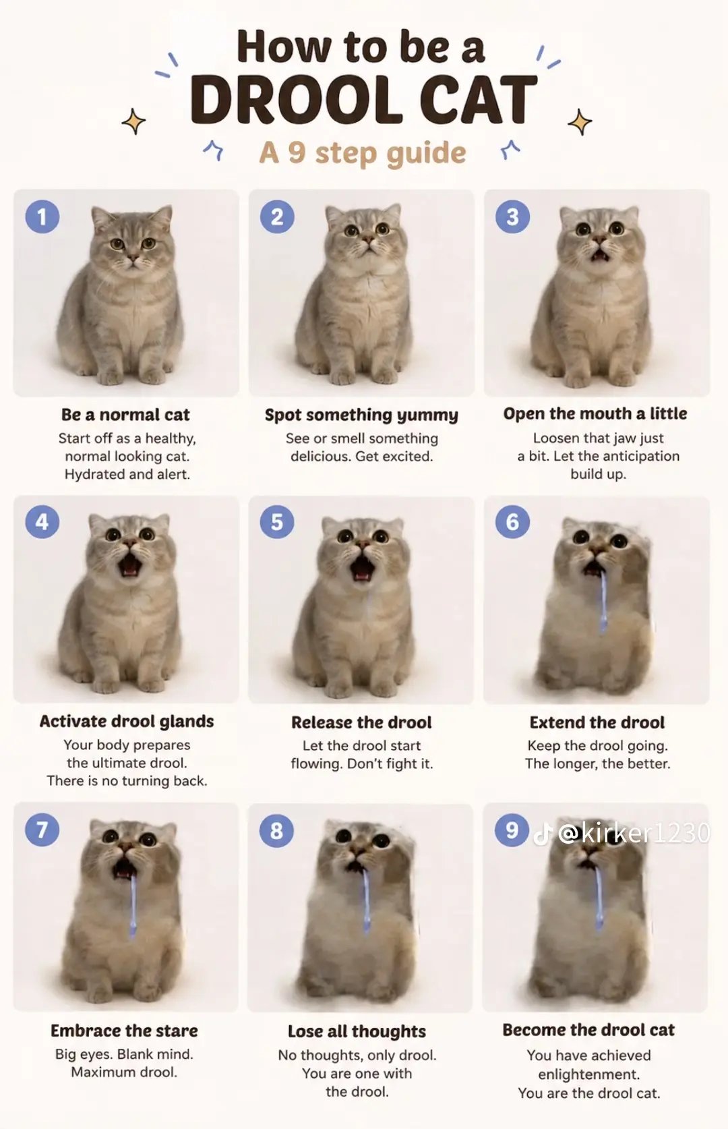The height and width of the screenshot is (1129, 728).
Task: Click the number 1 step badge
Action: point(42,216)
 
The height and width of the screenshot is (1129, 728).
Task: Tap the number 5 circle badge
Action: point(277,521)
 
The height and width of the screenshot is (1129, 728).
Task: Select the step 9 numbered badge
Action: point(512,830)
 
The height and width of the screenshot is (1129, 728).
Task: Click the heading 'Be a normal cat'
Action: point(125,415)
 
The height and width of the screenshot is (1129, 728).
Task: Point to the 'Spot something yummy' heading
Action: point(362,415)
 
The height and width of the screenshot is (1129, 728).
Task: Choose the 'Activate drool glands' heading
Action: point(127,722)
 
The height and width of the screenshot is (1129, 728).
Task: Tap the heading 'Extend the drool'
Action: point(597,722)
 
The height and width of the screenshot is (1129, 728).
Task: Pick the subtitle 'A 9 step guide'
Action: point(362,152)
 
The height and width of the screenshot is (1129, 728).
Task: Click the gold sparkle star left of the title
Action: point(133,121)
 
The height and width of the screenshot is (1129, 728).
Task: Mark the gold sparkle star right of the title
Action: point(580,123)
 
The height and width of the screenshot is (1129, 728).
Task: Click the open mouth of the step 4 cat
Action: point(130,564)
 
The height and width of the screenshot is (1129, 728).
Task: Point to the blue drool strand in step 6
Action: point(603,600)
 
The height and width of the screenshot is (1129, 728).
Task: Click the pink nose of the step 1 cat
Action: point(133,258)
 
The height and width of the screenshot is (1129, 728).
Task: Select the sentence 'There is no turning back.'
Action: point(127,781)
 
